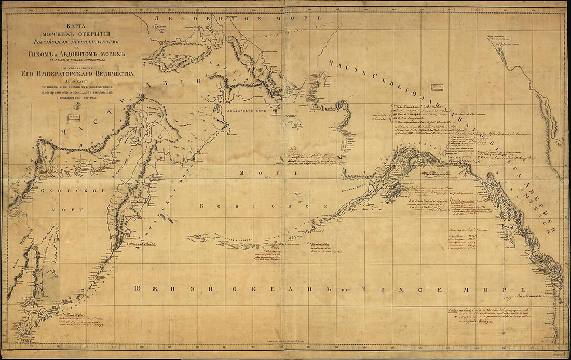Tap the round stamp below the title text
click(x=77, y=105)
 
